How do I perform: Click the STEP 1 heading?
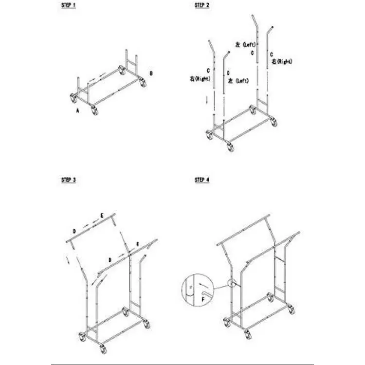click(69, 5)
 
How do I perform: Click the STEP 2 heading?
click(202, 5)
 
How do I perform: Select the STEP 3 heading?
click(69, 180)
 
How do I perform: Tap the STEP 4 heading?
click(202, 180)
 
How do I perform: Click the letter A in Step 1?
click(78, 111)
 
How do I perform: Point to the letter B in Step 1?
click(151, 73)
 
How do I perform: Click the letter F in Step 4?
click(203, 299)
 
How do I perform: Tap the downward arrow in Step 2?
click(207, 100)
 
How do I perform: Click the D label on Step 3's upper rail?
click(74, 231)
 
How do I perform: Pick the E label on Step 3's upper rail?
click(102, 216)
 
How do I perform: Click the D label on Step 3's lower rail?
click(110, 260)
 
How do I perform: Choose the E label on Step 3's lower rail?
click(138, 244)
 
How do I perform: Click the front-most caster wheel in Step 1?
click(95, 110)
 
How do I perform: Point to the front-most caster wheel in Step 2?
click(230, 147)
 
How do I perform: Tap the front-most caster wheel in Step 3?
click(103, 349)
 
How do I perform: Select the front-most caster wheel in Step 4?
click(248, 334)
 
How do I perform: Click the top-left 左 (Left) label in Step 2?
click(245, 44)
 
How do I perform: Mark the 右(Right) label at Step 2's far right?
click(282, 61)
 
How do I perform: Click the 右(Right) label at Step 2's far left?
click(200, 79)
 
